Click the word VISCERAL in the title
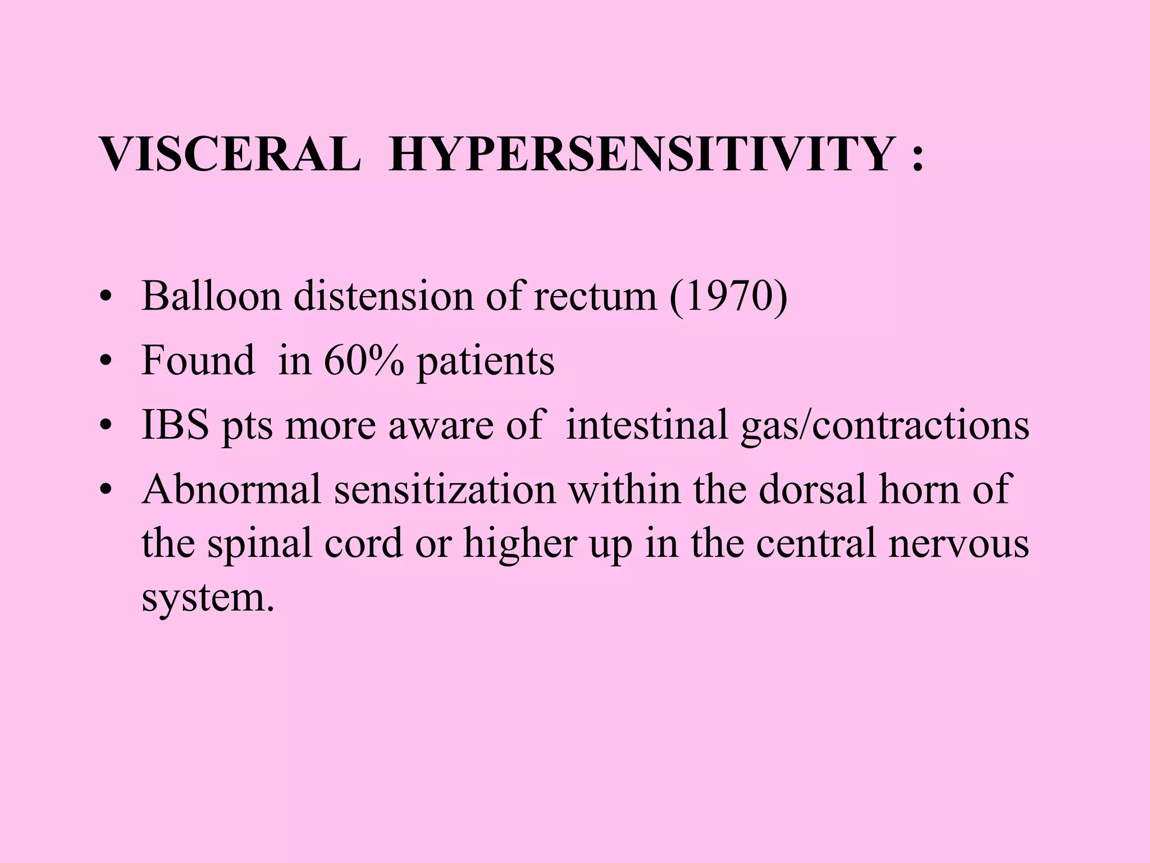230,155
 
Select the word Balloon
211,296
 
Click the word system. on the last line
208,598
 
